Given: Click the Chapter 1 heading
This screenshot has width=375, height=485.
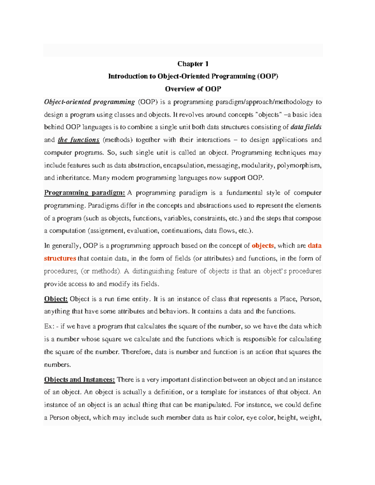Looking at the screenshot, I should [193, 64].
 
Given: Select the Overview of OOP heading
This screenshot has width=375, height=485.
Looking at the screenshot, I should [193, 89].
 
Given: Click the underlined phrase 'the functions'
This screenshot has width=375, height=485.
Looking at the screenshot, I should [78, 140].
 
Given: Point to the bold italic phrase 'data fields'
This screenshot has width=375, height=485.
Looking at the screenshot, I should [306, 127].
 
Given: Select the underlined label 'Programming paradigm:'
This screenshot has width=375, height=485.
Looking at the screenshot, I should [84, 193].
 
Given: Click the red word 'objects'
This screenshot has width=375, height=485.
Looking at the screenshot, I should [263, 246].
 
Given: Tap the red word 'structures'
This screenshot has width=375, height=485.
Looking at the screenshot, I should [60, 259].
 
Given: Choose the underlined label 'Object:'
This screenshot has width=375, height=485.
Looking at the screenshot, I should [56, 299].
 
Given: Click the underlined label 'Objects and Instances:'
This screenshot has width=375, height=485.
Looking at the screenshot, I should [79, 380].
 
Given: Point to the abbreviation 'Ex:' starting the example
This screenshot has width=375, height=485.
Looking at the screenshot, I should [49, 326].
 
